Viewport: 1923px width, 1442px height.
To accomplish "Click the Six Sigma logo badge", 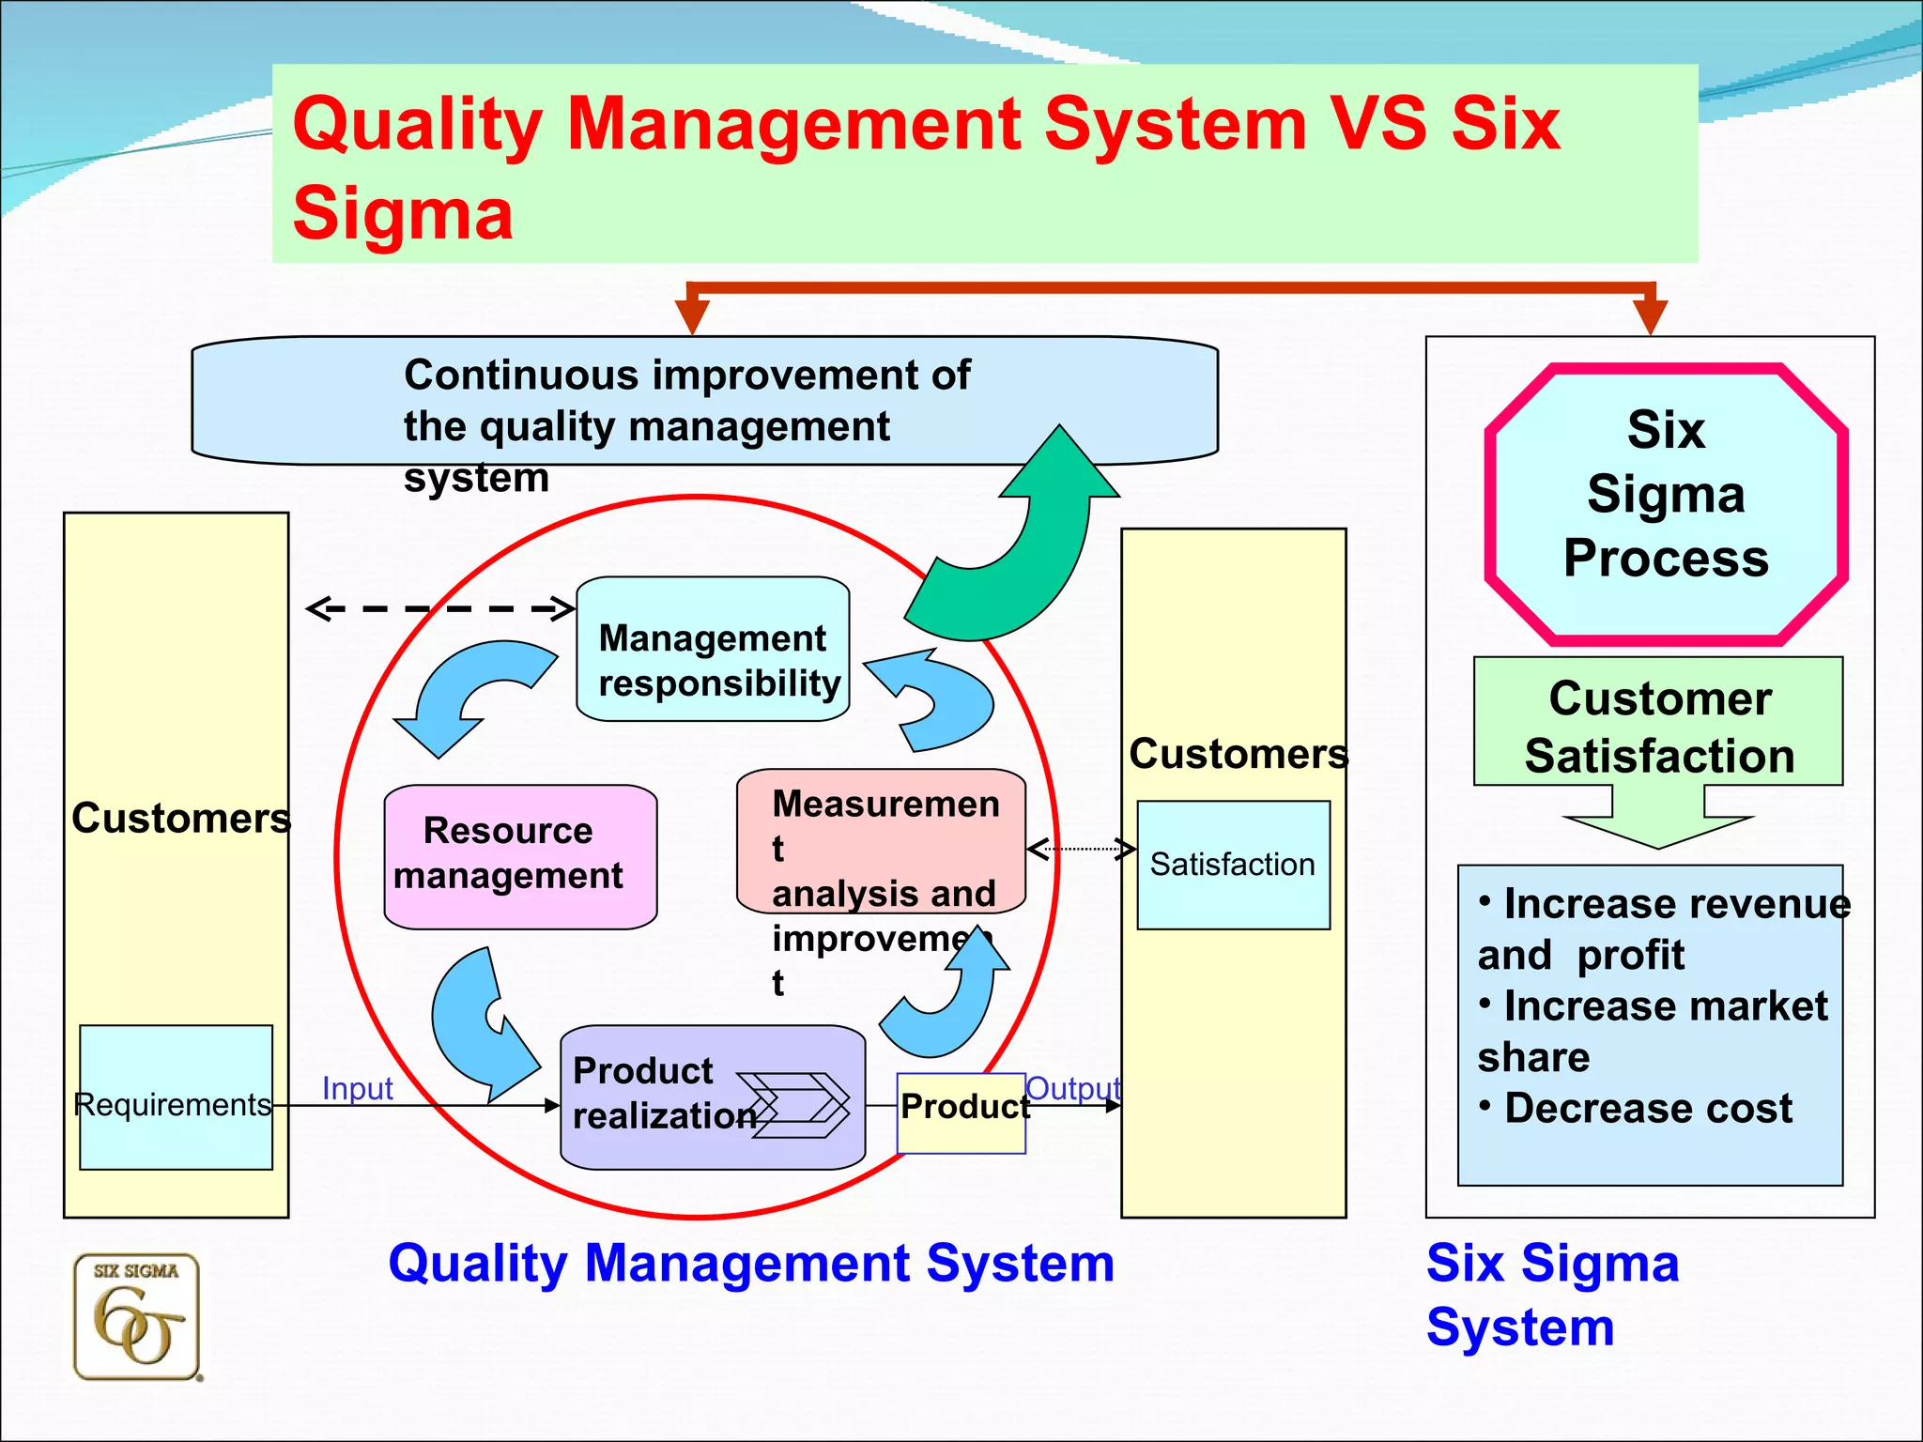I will click(x=137, y=1317).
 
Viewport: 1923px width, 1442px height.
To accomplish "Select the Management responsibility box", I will click(x=713, y=650).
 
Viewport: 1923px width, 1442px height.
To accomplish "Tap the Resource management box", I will click(x=520, y=856).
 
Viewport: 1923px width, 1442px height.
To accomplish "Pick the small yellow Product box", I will click(x=961, y=1113).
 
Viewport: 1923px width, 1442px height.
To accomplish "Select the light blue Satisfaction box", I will click(x=1233, y=865).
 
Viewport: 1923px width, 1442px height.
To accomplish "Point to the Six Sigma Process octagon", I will click(x=1666, y=505).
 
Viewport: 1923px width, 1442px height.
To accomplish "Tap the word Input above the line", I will click(x=357, y=1088).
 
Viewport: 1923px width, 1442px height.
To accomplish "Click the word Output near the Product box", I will click(x=1073, y=1088).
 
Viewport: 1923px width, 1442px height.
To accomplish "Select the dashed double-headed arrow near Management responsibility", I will click(x=439, y=608).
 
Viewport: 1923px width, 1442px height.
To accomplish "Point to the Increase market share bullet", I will click(x=1653, y=1031).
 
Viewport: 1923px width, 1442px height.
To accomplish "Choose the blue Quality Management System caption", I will click(x=751, y=1264).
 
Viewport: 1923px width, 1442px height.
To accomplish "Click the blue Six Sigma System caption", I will click(x=1551, y=1294).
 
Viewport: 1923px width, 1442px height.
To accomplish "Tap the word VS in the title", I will click(x=1377, y=124).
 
